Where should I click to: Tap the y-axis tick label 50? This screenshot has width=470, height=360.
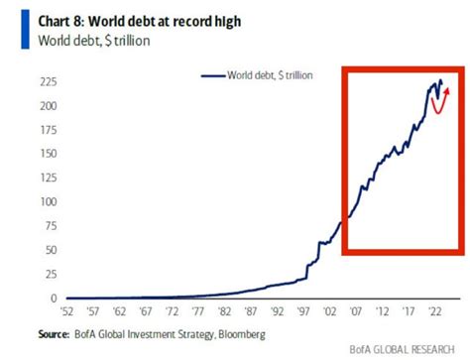coord(47,250)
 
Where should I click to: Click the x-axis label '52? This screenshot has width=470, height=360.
coord(65,310)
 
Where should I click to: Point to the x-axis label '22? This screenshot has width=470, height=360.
coord(432,310)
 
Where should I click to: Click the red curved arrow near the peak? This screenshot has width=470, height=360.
coord(437,102)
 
